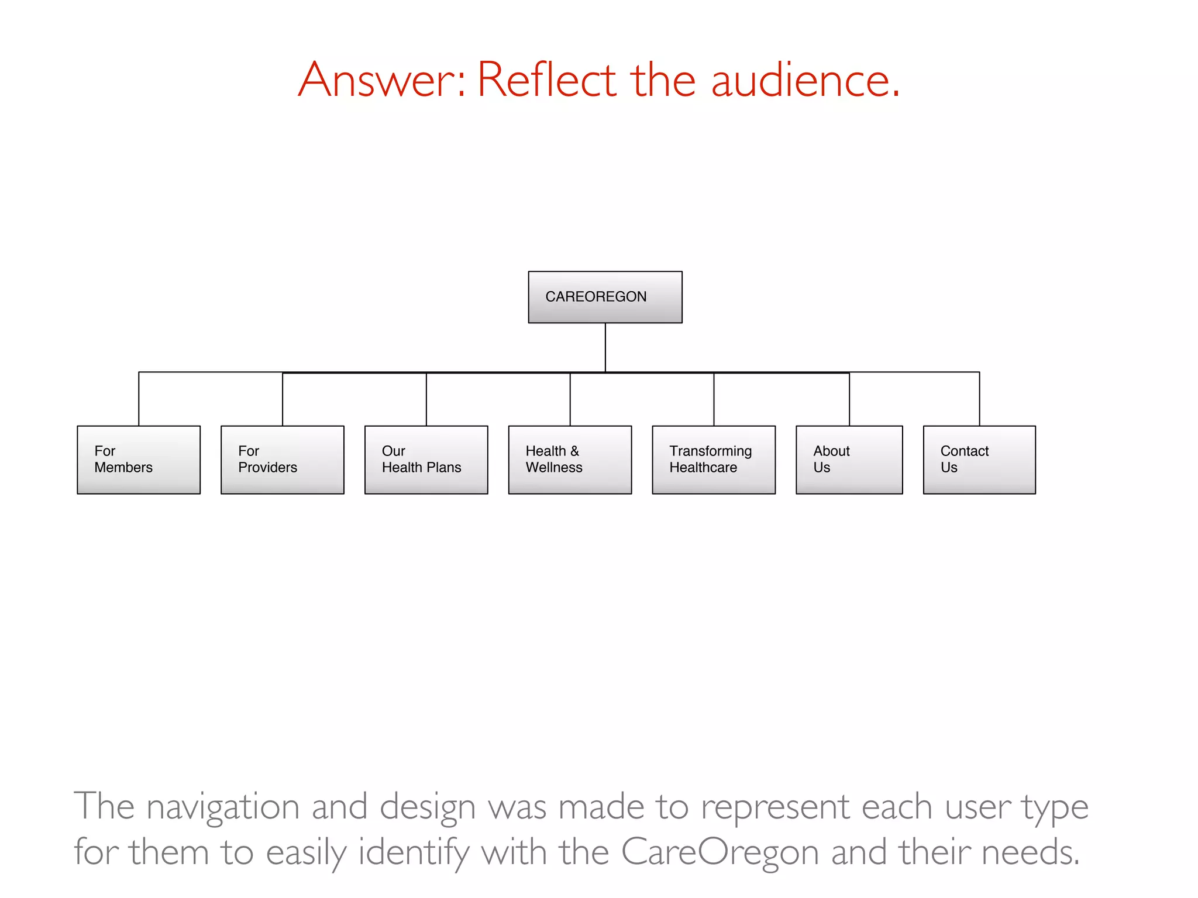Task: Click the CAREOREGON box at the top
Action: point(605,297)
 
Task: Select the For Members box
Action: point(139,460)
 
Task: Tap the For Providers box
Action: point(283,460)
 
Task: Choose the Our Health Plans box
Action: point(426,460)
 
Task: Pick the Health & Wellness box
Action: point(570,460)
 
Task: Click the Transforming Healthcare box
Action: point(714,460)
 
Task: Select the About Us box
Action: point(849,460)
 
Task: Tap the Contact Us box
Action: point(979,460)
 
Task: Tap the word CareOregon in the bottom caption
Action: point(720,852)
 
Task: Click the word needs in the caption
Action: point(1030,852)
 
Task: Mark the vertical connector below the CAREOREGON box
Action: point(605,347)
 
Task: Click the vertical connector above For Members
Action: point(139,399)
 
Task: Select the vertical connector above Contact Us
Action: point(979,399)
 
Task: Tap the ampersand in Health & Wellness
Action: point(574,451)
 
